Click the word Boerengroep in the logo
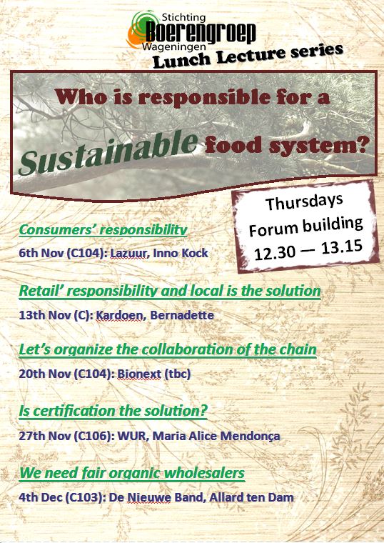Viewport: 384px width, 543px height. (x=201, y=34)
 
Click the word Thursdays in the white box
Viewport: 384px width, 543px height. (x=304, y=202)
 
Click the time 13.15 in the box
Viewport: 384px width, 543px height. (x=342, y=246)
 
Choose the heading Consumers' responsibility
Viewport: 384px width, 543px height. (x=103, y=229)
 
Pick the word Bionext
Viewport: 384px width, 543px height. (x=139, y=374)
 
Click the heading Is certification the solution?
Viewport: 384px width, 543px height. (x=113, y=411)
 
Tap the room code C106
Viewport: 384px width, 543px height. (x=94, y=436)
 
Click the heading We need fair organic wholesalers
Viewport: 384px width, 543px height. (x=132, y=473)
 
